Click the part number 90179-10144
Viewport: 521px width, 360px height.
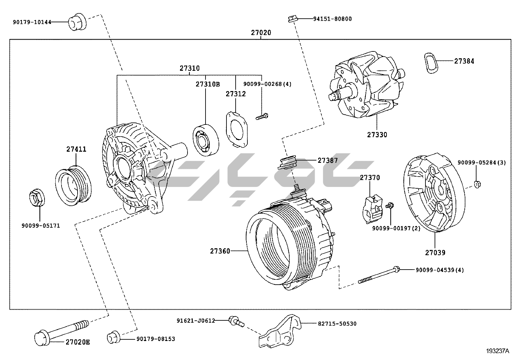coord(32,22)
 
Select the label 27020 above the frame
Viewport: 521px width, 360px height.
coord(261,33)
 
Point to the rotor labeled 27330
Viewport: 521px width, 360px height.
coord(367,85)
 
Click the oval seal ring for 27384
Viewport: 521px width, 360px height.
coord(431,63)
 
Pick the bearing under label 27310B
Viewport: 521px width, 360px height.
coord(206,140)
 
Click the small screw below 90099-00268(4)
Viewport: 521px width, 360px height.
coord(262,116)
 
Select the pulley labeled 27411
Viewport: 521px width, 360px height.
coord(73,185)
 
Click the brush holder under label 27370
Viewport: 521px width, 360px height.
coord(372,209)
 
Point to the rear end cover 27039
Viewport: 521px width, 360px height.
coord(434,192)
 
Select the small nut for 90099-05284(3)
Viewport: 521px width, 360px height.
coord(477,184)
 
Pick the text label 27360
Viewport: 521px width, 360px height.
coord(220,251)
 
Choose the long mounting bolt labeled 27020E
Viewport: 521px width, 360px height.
coord(62,333)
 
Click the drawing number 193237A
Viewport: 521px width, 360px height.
coord(497,351)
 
